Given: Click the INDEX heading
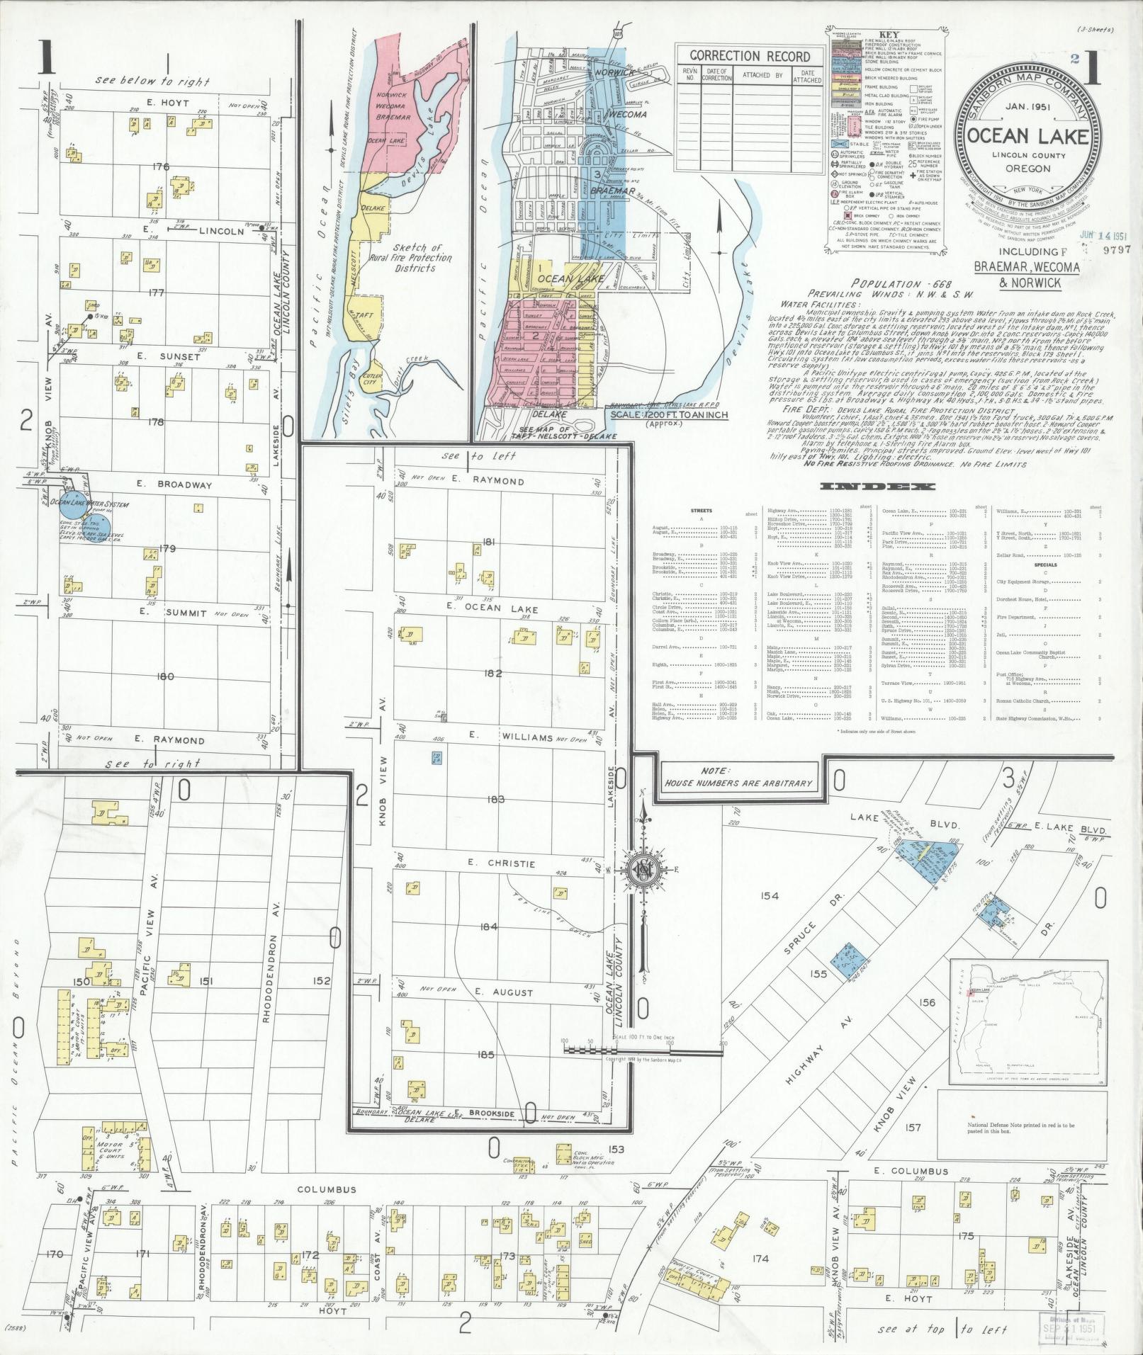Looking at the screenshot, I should pos(877,487).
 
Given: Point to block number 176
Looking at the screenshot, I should pos(161,167).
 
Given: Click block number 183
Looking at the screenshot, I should pos(496,800).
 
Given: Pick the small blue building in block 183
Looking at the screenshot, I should pos(437,758).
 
